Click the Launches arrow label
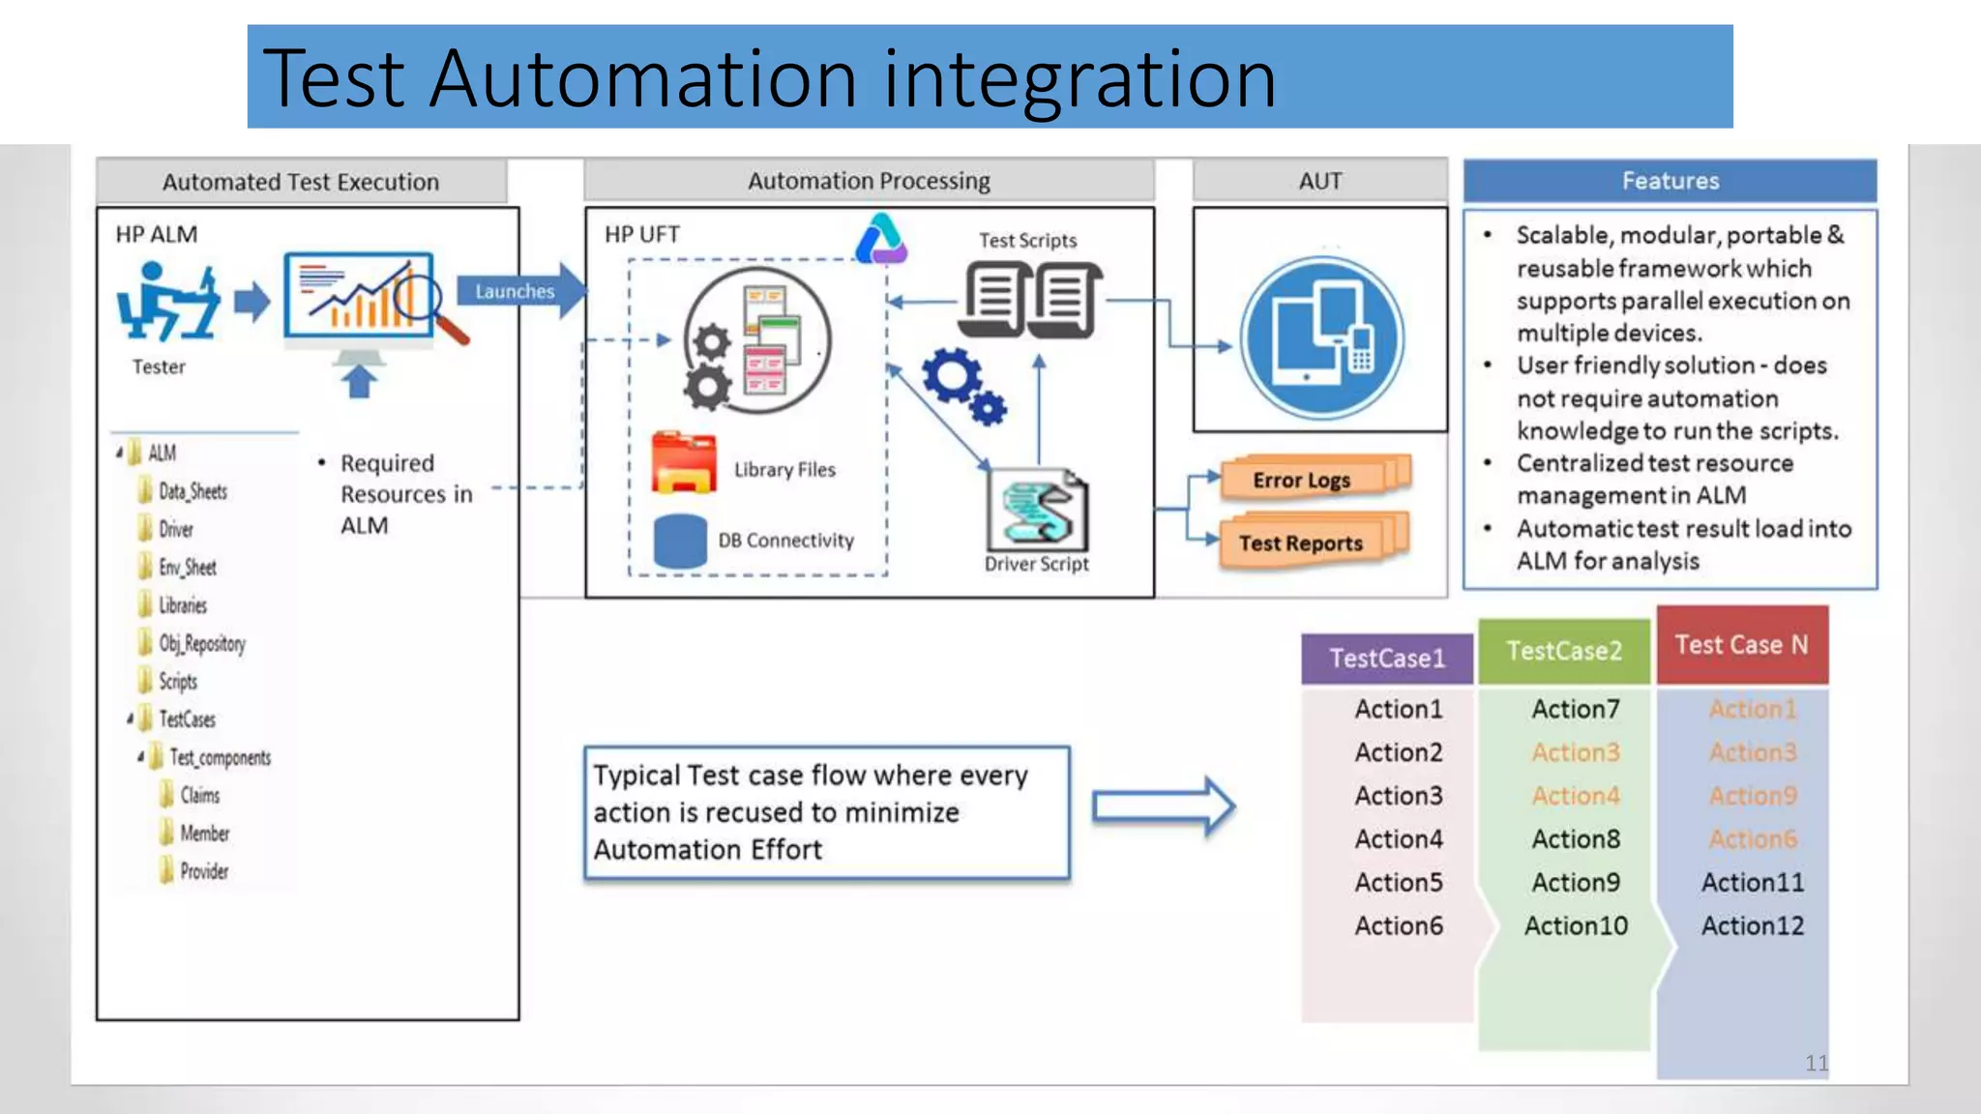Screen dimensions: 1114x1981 coord(515,291)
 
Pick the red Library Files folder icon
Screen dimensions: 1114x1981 coord(683,463)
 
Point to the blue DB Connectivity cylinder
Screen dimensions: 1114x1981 coord(680,541)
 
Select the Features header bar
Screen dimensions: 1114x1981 coord(1670,181)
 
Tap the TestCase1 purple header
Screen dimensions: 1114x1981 coord(1386,659)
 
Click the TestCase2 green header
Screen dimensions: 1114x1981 coord(1563,651)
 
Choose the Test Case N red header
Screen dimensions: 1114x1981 coord(1741,645)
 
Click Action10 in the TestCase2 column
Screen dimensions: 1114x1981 coord(1576,925)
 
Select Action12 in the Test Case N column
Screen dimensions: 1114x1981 coord(1752,925)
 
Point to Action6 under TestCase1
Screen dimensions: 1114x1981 coord(1398,925)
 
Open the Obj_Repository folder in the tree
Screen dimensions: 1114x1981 coord(200,643)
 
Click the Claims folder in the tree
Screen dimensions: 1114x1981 coord(198,795)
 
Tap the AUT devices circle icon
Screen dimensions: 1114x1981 coord(1320,337)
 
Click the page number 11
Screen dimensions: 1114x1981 coord(1816,1063)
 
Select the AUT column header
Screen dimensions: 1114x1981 coord(1319,181)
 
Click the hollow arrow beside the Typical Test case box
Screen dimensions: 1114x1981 coord(1163,806)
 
